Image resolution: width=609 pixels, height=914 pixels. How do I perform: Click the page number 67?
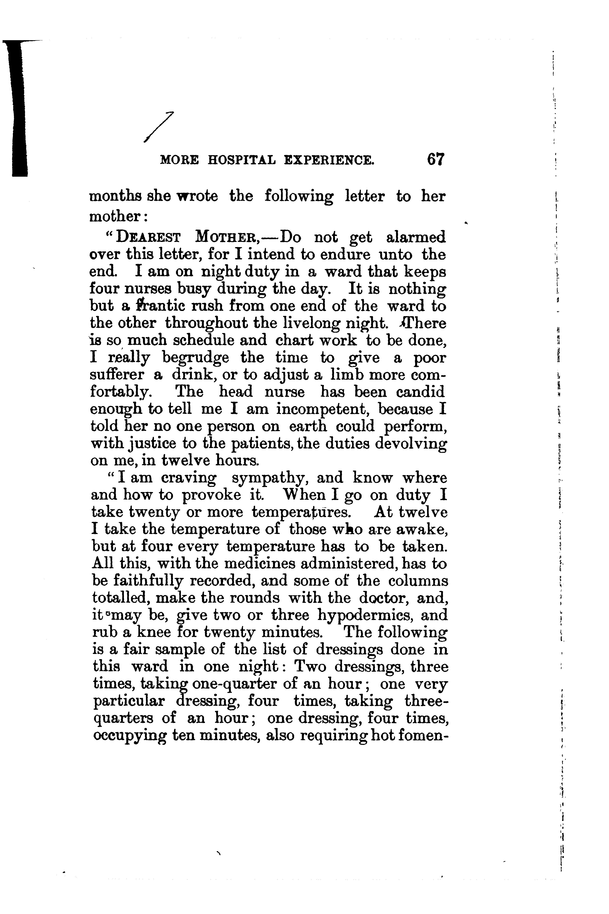click(x=435, y=160)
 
